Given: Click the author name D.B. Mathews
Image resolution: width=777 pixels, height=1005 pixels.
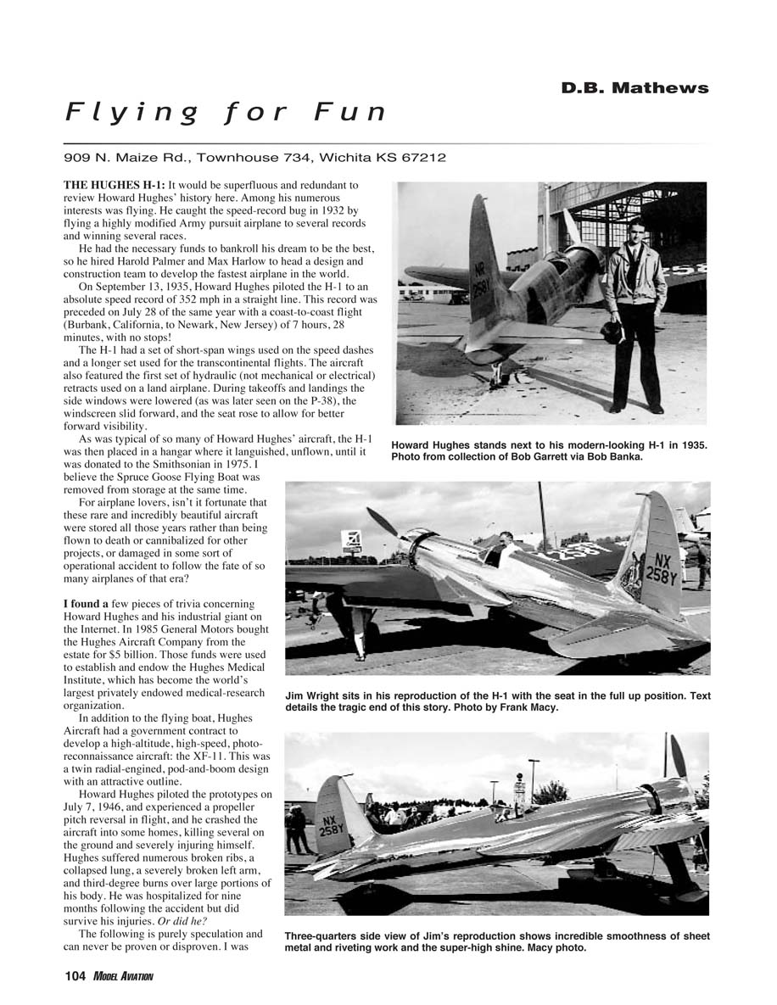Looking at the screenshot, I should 634,88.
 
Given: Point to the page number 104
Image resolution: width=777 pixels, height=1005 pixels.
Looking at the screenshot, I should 75,977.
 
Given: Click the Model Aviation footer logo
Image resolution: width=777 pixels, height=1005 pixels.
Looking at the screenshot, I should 124,977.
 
